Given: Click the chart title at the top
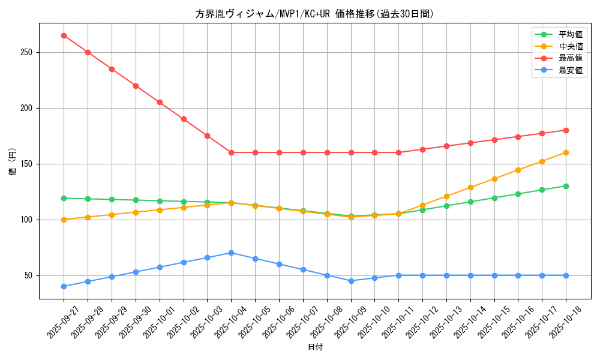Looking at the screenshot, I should [314, 14].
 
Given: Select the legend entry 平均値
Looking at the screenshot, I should [571, 34].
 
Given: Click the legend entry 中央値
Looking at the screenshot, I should [571, 46].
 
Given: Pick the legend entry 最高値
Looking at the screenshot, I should [571, 58].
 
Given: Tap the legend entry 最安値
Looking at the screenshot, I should [571, 70].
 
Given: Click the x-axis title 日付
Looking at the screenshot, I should [315, 347].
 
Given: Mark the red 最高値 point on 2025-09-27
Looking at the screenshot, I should [64, 35].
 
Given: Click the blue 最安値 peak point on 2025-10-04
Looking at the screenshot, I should [231, 253].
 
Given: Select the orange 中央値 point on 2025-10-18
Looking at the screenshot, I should [566, 152].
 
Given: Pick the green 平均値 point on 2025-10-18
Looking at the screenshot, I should [566, 186].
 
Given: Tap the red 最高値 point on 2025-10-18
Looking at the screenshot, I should [566, 130].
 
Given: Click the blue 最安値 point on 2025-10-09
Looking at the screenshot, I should [351, 281].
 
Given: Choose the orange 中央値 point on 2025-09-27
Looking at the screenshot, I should [64, 220].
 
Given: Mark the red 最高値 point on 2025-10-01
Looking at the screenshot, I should [160, 102].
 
